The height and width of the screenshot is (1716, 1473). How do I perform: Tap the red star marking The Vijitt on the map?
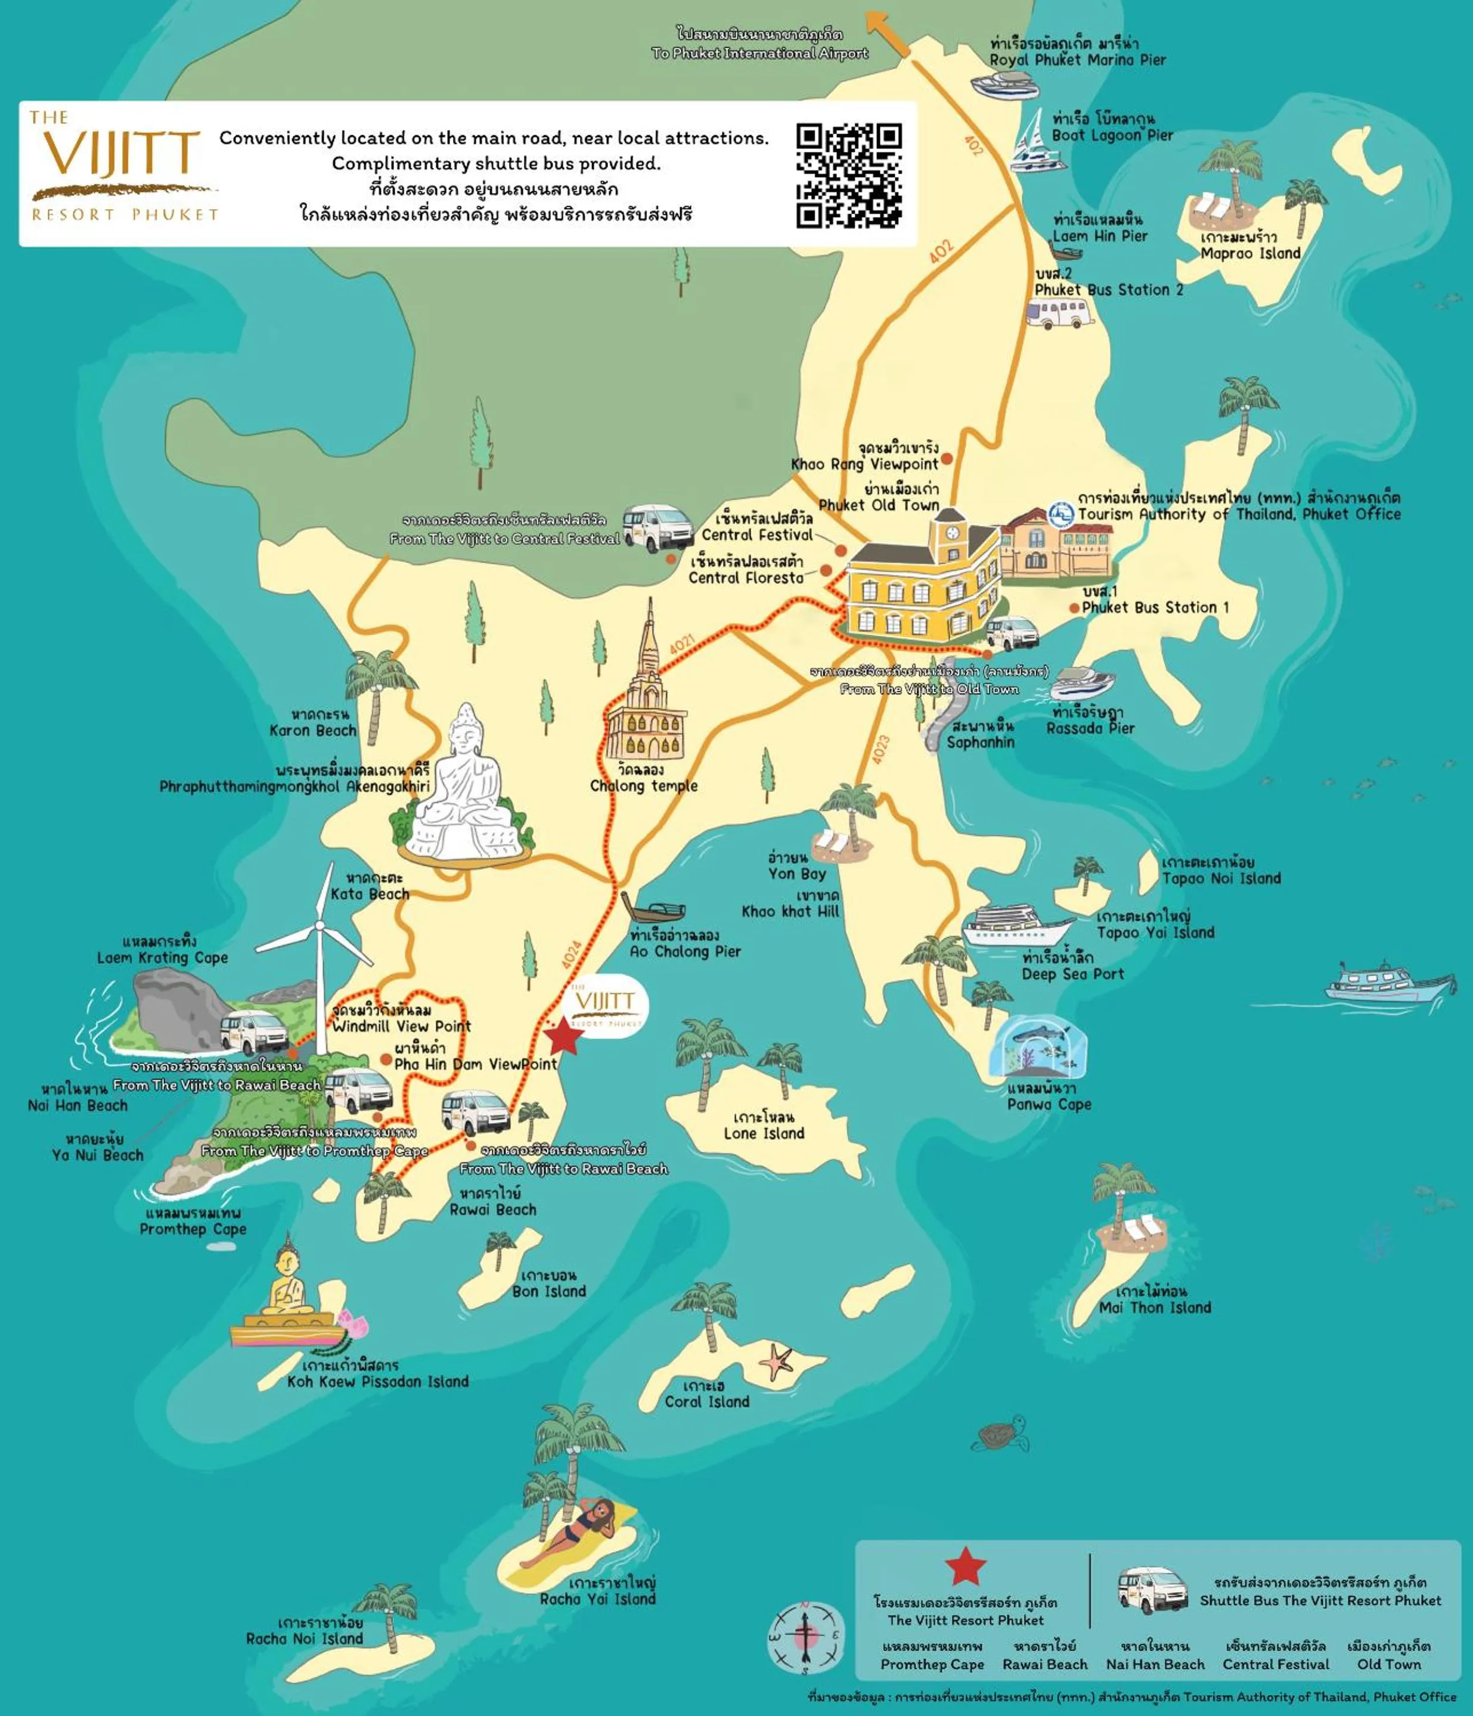pyautogui.click(x=564, y=1036)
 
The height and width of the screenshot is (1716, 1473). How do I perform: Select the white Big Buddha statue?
pyautogui.click(x=466, y=786)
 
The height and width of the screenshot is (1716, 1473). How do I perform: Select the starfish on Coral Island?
pyautogui.click(x=776, y=1362)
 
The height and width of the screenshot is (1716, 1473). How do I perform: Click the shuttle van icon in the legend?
pyautogui.click(x=1152, y=1589)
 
